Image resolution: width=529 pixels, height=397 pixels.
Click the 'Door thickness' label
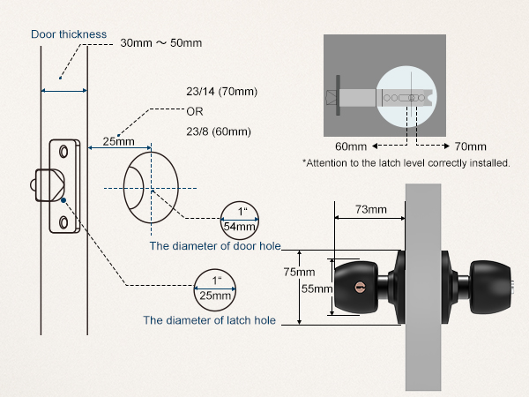(x=69, y=34)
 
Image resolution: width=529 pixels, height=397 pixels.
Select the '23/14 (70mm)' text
(x=220, y=92)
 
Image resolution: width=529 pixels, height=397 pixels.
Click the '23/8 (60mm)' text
(x=218, y=131)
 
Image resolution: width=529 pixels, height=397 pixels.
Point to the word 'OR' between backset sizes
(x=195, y=112)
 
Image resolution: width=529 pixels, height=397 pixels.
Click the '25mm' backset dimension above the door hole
(x=118, y=141)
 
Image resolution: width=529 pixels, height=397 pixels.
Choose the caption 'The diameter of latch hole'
(x=209, y=320)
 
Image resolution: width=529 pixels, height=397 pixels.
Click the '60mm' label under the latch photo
(x=351, y=146)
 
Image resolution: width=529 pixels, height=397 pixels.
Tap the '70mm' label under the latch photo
(x=470, y=146)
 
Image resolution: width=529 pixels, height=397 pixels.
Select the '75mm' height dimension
(x=305, y=272)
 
